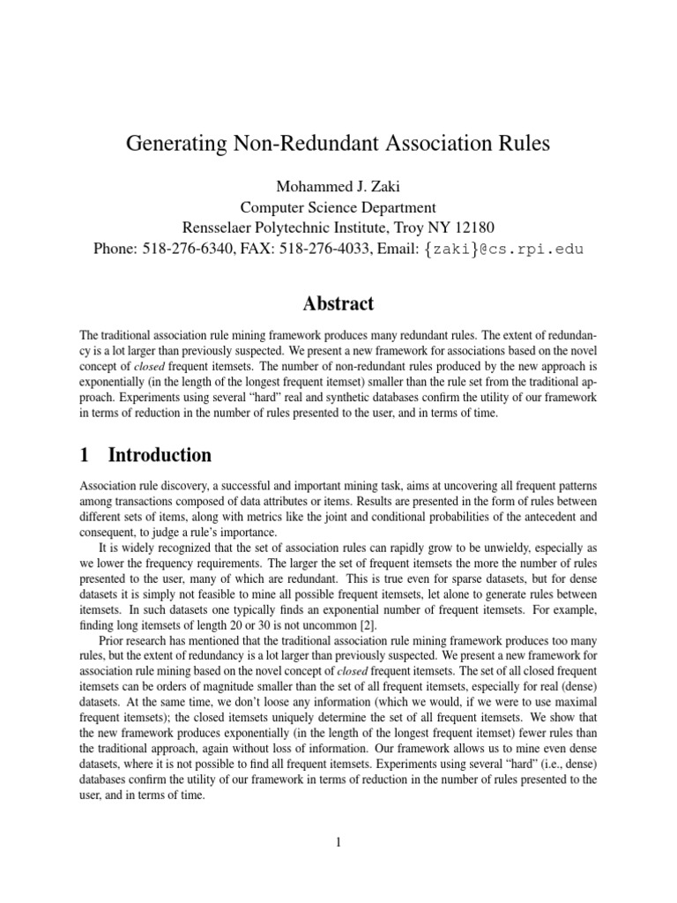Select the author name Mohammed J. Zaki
tap(338, 187)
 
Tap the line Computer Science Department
tap(338, 208)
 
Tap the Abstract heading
tap(338, 303)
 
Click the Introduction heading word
tap(160, 455)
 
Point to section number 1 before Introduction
tap(85, 455)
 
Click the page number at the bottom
tap(338, 842)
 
